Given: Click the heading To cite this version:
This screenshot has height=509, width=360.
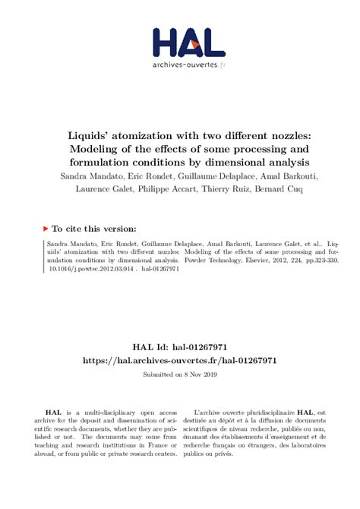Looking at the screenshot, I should [93, 227].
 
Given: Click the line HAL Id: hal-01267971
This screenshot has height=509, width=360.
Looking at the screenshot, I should [179, 346].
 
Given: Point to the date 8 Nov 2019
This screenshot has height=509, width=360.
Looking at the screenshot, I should [200, 375].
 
